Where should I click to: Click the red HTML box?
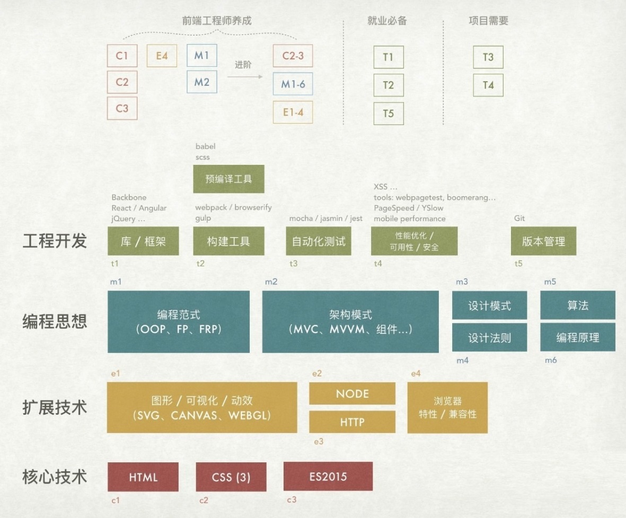(x=143, y=477)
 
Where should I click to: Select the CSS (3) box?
(x=231, y=477)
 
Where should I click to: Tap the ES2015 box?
(x=328, y=476)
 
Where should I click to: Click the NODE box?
(x=352, y=393)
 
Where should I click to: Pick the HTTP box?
(x=352, y=422)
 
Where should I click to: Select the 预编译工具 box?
(x=228, y=179)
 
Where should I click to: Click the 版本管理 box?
(x=543, y=241)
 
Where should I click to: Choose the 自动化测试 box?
(x=319, y=241)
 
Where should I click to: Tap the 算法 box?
(x=577, y=305)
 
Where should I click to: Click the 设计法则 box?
(x=489, y=337)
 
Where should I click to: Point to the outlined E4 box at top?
(x=162, y=55)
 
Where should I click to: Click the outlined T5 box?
(x=388, y=113)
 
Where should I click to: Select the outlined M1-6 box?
(x=293, y=84)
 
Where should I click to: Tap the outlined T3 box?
(x=488, y=57)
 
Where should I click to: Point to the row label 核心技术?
(x=55, y=476)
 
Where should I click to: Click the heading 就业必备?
(x=387, y=21)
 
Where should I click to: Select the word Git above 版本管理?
(x=519, y=218)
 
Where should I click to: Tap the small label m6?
(x=551, y=361)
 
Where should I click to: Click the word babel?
(x=206, y=146)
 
